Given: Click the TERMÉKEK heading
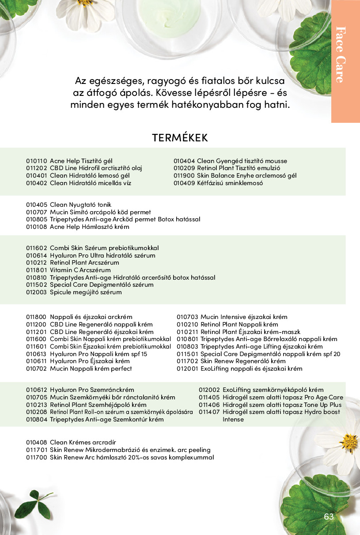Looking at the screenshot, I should point(180,137).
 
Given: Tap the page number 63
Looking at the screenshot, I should point(329,517).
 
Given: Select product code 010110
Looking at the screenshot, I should point(36,161).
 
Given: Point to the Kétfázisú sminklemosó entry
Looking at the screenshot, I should point(230,183).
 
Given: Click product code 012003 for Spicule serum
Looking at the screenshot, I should point(36,292).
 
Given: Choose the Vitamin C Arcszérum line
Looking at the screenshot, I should point(80,270).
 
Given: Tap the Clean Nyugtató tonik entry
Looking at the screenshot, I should point(81,205).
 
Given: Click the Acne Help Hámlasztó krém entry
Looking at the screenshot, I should point(89,227).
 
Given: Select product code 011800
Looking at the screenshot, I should point(36,317).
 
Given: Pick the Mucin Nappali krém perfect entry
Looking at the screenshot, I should point(91,368).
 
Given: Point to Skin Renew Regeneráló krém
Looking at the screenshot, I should point(243,361).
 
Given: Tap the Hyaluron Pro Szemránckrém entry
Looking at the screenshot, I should point(92,390).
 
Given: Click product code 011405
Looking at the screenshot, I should point(209,397).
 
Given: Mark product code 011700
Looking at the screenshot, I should point(36,457).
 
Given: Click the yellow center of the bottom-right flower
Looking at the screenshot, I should point(349,441).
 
